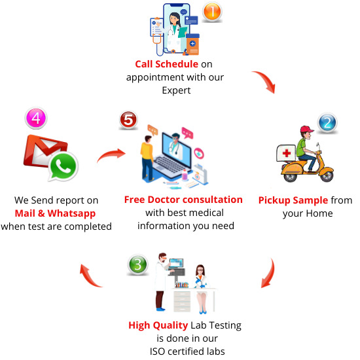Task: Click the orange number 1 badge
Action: [212, 12]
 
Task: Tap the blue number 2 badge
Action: [327, 122]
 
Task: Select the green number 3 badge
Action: [137, 264]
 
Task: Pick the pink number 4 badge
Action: [36, 118]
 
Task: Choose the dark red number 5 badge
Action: [128, 120]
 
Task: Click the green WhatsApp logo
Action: [63, 166]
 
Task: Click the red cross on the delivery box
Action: [287, 153]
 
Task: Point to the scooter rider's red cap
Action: [307, 129]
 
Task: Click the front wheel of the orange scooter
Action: [327, 176]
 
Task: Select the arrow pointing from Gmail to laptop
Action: [112, 154]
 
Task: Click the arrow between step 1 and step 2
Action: [266, 81]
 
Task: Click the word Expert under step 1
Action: [176, 91]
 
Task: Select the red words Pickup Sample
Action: [293, 200]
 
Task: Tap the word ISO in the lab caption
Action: [157, 351]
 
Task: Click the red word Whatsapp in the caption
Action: [71, 214]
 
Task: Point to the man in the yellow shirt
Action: [147, 158]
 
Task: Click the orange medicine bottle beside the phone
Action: [192, 45]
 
